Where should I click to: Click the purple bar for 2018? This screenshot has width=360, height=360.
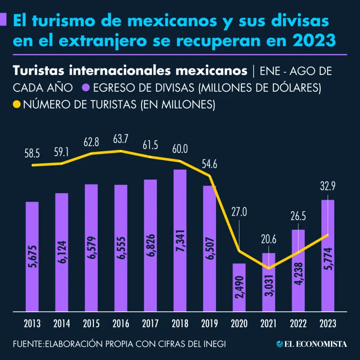180,240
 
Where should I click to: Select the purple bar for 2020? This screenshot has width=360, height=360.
239,286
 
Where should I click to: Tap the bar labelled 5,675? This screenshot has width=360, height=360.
32,256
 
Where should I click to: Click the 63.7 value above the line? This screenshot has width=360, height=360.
121,140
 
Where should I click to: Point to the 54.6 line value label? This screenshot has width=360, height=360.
210,165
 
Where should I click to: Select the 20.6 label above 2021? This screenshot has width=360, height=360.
269,240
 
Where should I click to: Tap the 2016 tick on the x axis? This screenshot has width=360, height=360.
121,323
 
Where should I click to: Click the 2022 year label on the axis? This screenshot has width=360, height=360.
298,323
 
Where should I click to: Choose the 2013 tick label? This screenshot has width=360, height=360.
32,323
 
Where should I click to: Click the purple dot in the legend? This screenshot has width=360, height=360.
85,87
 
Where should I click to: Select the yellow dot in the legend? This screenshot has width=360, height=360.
17,104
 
